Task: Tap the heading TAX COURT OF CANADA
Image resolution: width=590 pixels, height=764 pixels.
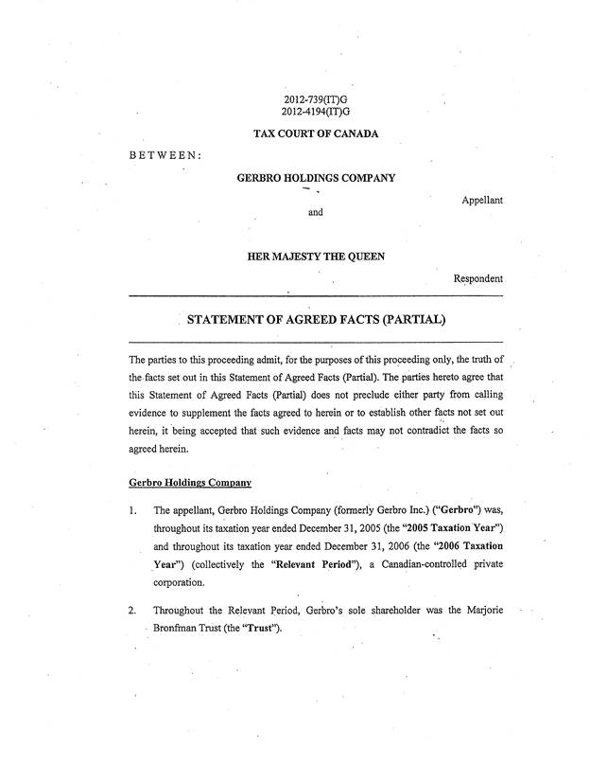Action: pos(316,133)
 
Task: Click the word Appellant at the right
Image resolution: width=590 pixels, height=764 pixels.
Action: pos(482,200)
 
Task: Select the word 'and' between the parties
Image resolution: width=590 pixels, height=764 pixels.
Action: pos(316,212)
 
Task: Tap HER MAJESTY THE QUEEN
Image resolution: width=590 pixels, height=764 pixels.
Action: pos(316,257)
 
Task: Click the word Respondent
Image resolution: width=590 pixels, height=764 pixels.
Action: pos(477,278)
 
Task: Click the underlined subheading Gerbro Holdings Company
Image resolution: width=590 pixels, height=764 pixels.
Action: pos(189,483)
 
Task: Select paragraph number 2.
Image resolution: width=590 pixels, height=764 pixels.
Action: pos(132,611)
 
